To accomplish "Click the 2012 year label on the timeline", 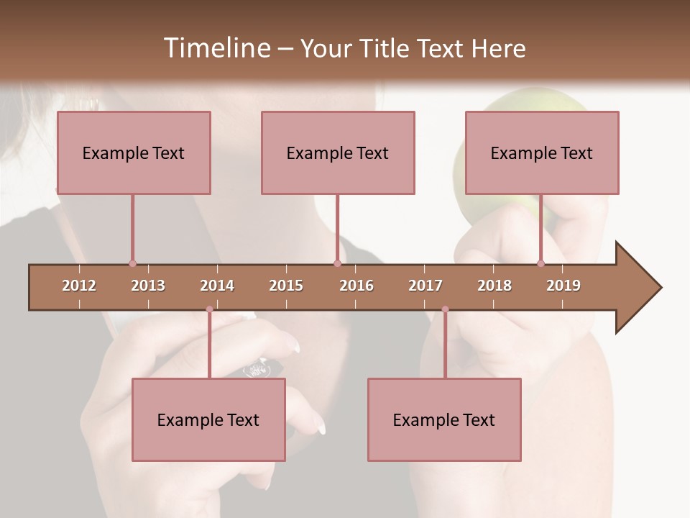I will point(79,286).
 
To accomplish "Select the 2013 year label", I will point(148,286).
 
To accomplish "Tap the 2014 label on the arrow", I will point(217,286).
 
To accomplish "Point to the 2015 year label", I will point(286,286).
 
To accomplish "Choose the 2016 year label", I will point(356,286).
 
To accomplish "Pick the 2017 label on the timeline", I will point(425,286).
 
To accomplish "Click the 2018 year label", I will point(494,286).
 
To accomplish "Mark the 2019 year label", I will point(563,286).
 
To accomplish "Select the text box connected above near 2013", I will point(134,153).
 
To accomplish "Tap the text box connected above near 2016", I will point(338,153).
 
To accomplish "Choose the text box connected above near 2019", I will point(542,153).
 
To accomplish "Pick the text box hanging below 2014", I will point(208,419).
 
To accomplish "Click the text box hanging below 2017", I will point(444,419).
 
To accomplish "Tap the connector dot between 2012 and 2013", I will point(132,263).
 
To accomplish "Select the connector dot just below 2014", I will point(209,309).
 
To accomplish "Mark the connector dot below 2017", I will point(445,309).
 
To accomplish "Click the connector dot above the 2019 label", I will point(540,263).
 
